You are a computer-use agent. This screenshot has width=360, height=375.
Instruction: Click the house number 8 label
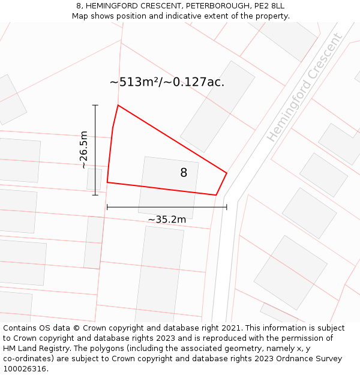click(x=184, y=173)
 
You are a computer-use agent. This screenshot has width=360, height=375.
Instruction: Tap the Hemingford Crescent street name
click(x=305, y=88)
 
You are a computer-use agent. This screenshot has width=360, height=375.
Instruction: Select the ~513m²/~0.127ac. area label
click(x=167, y=82)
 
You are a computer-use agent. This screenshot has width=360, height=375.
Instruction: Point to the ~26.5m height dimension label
click(x=83, y=150)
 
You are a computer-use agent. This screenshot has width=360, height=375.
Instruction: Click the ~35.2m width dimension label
click(x=167, y=220)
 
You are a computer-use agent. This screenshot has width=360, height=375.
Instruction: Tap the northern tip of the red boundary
click(x=118, y=106)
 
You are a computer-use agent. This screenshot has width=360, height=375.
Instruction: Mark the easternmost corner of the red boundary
click(x=227, y=173)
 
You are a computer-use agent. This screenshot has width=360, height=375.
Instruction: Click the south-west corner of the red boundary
click(x=107, y=182)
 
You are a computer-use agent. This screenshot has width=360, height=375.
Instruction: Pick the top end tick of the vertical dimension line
click(x=95, y=105)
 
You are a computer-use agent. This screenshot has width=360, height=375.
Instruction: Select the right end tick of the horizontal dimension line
click(x=227, y=207)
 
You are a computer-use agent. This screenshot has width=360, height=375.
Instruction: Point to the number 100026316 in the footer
click(x=25, y=369)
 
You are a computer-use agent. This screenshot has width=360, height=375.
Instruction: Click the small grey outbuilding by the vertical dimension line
click(x=94, y=179)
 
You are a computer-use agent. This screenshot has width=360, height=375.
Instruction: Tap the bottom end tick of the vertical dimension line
click(x=95, y=195)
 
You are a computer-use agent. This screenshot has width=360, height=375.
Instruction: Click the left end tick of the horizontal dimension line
click(x=107, y=207)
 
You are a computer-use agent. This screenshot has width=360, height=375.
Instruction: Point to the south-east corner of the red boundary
click(x=216, y=195)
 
